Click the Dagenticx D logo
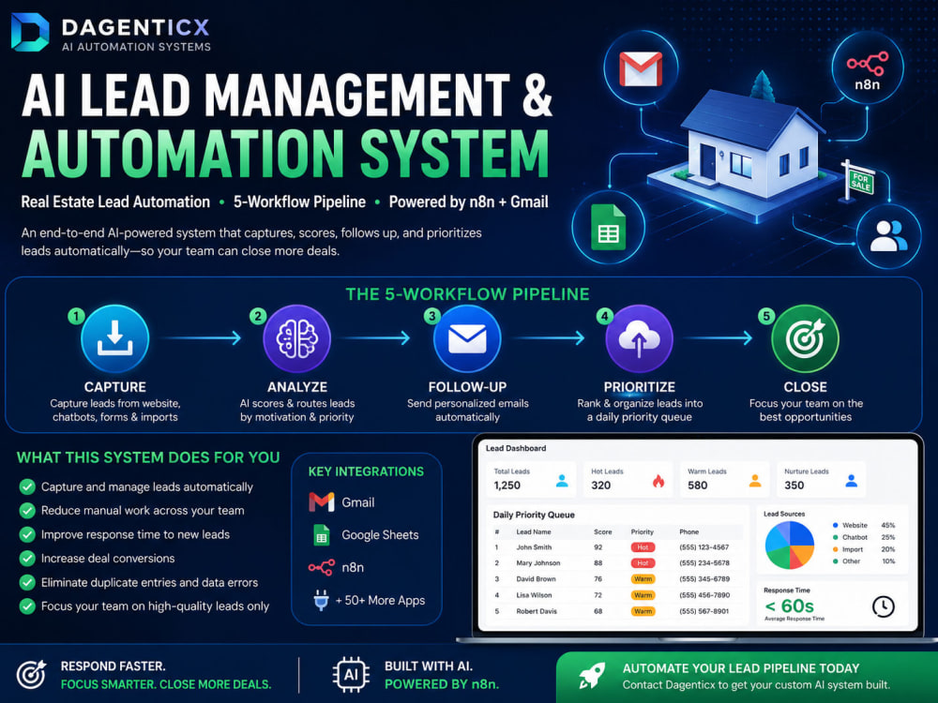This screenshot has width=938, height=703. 30,32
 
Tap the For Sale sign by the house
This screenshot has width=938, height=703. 860,181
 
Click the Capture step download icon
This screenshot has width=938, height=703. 114,338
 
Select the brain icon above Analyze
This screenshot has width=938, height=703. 297,338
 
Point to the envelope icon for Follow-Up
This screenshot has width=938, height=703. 467,338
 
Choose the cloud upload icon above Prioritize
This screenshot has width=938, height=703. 639,338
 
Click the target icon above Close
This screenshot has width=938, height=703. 805,338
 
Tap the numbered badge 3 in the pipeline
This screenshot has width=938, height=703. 431,316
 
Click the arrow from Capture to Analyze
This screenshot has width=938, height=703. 203,338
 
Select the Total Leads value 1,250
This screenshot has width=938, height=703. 507,486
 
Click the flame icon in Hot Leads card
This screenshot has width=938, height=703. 658,481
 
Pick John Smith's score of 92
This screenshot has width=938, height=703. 598,547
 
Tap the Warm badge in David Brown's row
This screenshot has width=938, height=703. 643,578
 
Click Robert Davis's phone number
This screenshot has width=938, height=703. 704,611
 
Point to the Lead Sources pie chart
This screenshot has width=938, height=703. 790,545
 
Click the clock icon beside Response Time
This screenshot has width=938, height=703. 883,606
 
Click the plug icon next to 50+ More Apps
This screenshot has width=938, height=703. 321,600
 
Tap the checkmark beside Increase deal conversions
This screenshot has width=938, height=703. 27,559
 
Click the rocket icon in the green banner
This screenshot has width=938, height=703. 592,676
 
